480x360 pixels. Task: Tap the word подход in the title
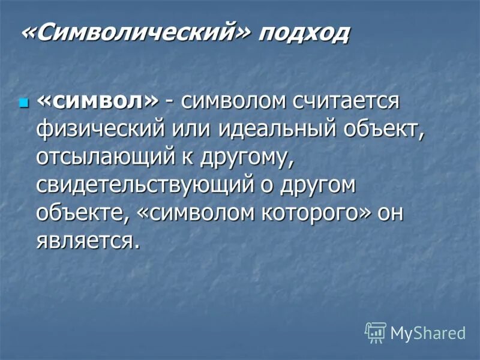(304, 34)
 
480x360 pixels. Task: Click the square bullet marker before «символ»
(24, 103)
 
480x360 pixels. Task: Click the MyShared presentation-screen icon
(376, 332)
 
